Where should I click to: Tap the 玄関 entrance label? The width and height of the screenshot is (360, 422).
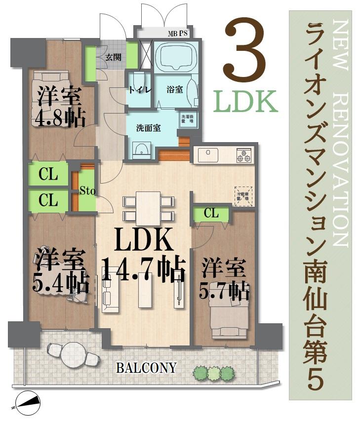pos(113,56)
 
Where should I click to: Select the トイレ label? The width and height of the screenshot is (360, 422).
pos(138,90)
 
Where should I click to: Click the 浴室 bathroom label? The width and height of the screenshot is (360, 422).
pos(174,90)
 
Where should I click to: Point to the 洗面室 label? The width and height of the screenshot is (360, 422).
pos(149,128)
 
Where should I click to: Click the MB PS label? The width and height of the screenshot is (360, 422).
pos(177,34)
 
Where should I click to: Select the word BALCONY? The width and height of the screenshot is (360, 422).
pos(146,368)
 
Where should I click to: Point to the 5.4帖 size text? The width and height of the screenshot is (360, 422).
pos(60,282)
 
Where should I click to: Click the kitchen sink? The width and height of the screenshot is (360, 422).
pos(208,155)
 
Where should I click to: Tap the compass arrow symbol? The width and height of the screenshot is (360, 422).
pos(28,402)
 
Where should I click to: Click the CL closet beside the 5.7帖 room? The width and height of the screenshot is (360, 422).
pos(211,213)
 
